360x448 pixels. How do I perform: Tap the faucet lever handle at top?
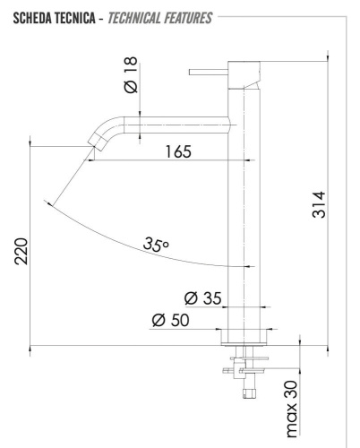[x=210, y=68]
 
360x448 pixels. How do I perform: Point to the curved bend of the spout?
[x=107, y=125]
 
